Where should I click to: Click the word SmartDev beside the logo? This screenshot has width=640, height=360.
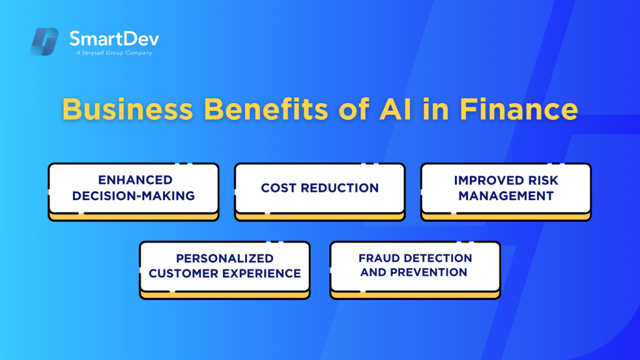coord(114,39)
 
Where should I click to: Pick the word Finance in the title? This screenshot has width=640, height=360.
coord(519,109)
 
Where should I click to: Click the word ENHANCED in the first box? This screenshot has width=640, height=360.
coord(133,180)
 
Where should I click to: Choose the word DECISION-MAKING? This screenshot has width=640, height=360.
coord(133,196)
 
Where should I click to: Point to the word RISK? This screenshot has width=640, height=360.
coord(542,180)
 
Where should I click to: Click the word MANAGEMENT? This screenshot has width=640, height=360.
coord(506,196)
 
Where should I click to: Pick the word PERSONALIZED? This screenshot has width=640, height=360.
coord(224,258)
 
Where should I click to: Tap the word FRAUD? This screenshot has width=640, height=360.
coord(379,258)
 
